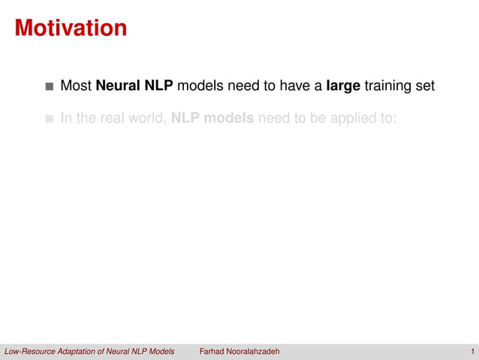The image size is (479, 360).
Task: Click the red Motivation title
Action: coord(71,29)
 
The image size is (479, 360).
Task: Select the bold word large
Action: coord(342,86)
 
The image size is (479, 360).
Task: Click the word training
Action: coord(388,86)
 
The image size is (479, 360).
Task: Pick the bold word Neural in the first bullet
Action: coord(117,86)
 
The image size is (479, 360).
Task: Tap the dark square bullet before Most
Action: coord(50,87)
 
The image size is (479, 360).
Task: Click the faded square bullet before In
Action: coord(50,119)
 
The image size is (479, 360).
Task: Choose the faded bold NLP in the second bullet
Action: coord(187,119)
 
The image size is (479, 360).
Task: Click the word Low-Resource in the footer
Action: coord(31,352)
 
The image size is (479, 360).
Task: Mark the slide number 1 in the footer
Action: coord(472,352)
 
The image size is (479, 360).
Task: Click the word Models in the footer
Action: coord(160,352)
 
